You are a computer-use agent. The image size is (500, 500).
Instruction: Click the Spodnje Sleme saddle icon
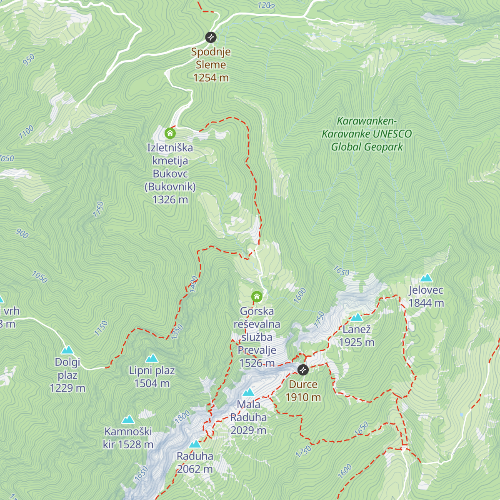click(x=211, y=37)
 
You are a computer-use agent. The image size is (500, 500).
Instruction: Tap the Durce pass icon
click(x=303, y=370)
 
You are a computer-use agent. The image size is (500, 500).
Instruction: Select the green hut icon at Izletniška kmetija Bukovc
click(x=170, y=133)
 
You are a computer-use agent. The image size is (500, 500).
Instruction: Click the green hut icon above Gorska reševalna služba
click(x=257, y=297)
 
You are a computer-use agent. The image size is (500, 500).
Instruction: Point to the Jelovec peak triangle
click(x=426, y=278)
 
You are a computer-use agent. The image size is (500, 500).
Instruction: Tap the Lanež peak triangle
click(x=357, y=317)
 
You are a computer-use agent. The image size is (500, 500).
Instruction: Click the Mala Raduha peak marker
click(x=248, y=392)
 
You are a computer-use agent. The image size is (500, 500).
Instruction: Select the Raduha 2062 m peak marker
click(x=195, y=444)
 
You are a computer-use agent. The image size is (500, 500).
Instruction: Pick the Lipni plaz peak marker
click(x=152, y=358)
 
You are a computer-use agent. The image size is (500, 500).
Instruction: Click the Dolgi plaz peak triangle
click(x=67, y=350)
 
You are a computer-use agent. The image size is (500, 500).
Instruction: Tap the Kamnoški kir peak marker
click(x=128, y=420)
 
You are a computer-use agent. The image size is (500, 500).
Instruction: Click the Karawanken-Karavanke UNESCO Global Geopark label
click(x=367, y=134)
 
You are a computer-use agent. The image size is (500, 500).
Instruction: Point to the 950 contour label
click(x=29, y=60)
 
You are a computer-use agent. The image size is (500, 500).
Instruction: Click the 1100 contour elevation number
click(x=26, y=132)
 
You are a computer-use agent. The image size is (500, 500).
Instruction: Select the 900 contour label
click(x=22, y=234)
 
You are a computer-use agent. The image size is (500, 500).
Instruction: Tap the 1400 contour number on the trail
click(x=193, y=284)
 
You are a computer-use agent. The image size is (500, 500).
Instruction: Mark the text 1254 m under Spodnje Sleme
click(x=211, y=77)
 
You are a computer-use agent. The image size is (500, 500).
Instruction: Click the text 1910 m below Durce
click(x=303, y=397)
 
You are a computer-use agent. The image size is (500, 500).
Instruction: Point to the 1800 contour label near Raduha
click(x=182, y=417)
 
